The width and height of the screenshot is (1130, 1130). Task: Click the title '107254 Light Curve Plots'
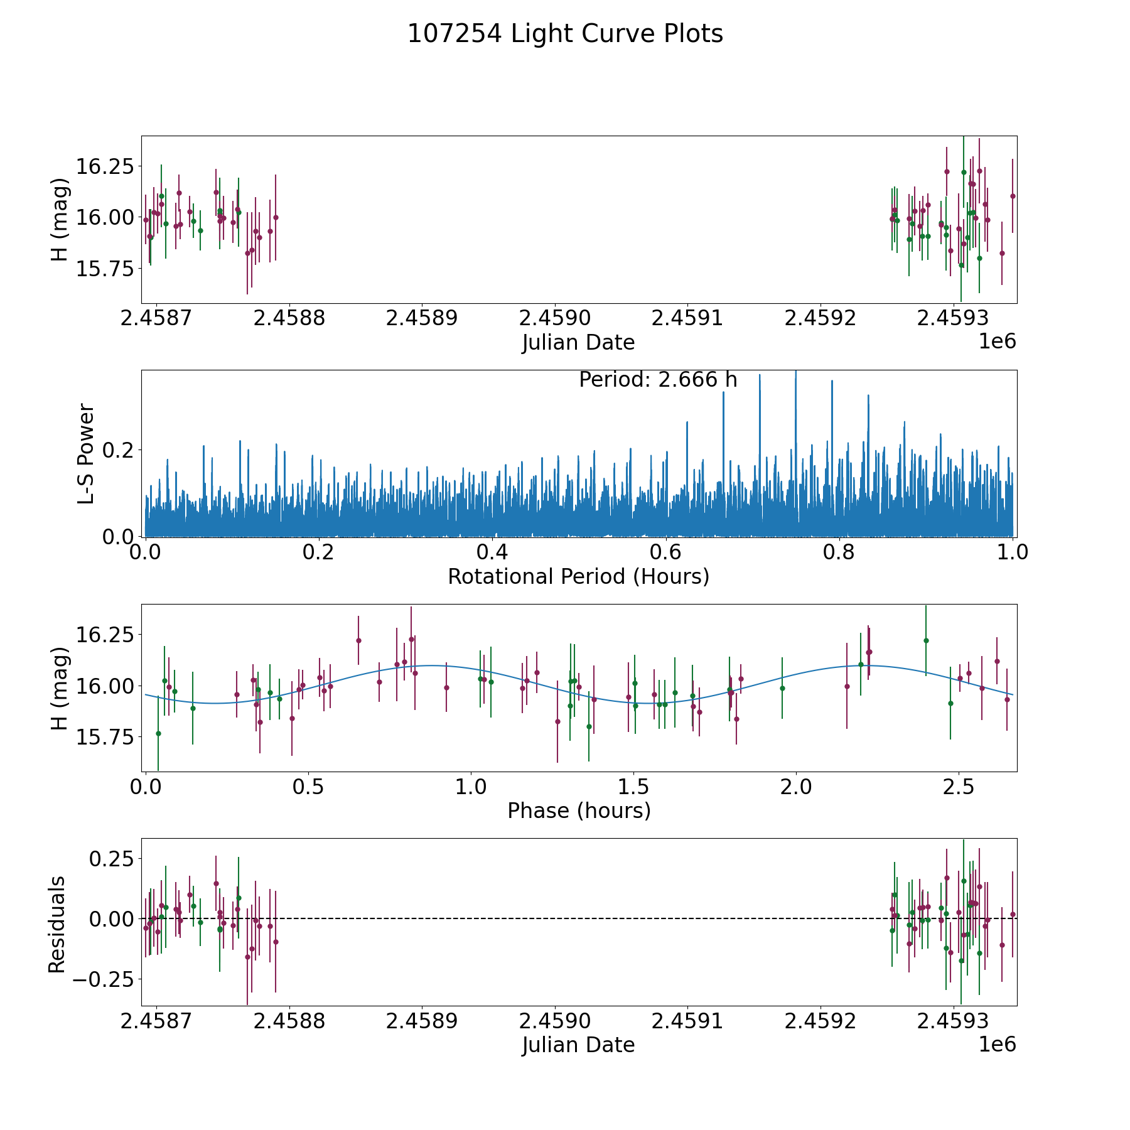click(565, 34)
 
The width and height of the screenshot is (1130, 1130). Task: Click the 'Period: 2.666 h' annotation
click(658, 380)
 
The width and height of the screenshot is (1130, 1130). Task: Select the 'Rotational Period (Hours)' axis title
click(578, 576)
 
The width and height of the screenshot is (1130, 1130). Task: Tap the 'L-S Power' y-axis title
click(86, 453)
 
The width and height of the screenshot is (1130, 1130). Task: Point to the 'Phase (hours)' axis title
click(579, 811)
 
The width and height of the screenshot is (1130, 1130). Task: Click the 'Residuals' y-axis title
click(57, 925)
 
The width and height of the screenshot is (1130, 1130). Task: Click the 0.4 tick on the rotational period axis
click(492, 552)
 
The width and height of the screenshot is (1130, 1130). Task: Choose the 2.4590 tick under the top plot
click(554, 318)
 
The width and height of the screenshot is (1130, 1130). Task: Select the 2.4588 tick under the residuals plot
click(289, 1021)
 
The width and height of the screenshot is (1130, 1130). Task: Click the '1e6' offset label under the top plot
click(997, 342)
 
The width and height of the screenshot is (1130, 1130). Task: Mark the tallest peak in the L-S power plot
click(796, 372)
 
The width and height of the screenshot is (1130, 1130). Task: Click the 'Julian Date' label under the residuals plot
click(578, 1045)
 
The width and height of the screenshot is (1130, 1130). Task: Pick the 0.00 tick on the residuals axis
click(112, 919)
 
